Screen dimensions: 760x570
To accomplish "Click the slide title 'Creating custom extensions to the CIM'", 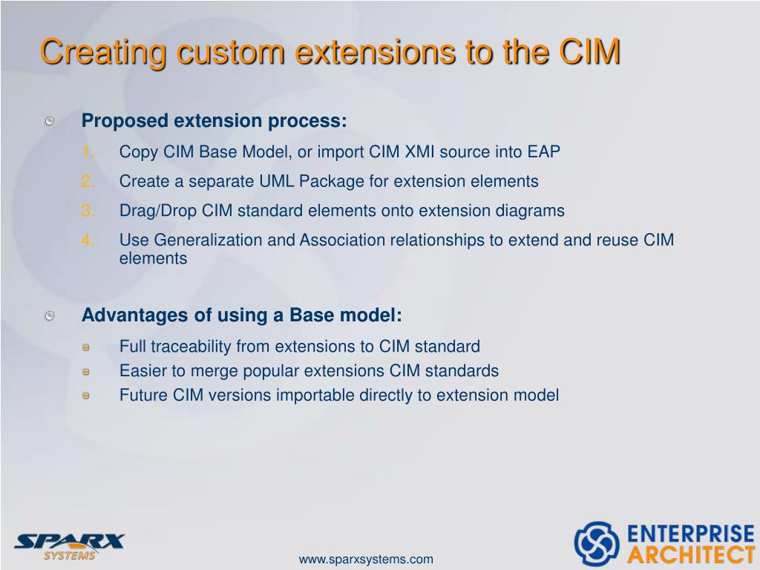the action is pyautogui.click(x=330, y=53).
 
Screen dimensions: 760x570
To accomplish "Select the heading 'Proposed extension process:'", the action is pyautogui.click(x=214, y=121).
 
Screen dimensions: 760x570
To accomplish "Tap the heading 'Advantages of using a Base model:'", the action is pyautogui.click(x=241, y=315).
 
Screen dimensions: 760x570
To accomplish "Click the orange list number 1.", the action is pyautogui.click(x=88, y=152).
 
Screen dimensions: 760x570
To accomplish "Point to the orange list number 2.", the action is pyautogui.click(x=88, y=182).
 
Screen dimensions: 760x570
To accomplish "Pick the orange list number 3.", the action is pyautogui.click(x=88, y=211).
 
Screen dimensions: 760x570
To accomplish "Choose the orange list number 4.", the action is pyautogui.click(x=88, y=240).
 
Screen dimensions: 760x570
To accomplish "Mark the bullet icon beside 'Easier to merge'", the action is pyautogui.click(x=86, y=371).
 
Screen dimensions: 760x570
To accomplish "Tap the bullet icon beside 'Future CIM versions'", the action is pyautogui.click(x=86, y=396).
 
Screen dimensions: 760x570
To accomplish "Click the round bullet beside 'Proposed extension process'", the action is pyautogui.click(x=49, y=121).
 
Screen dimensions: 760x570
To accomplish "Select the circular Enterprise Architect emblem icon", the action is pyautogui.click(x=596, y=543).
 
